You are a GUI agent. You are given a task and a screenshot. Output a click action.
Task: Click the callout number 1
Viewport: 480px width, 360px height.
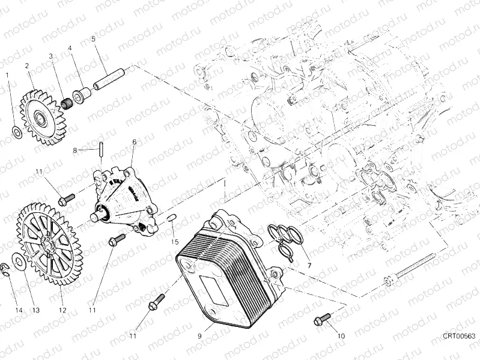[x=8, y=75]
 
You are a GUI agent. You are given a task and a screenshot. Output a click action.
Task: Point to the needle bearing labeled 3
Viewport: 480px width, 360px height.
[x=68, y=103]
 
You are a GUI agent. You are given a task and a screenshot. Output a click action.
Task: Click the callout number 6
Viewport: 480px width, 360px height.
[x=134, y=142]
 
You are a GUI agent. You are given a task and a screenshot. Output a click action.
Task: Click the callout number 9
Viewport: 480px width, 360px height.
[x=199, y=336]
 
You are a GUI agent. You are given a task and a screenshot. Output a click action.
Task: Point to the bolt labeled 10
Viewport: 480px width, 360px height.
[x=322, y=319]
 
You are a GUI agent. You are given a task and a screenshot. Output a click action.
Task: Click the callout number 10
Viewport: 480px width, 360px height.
[x=341, y=336]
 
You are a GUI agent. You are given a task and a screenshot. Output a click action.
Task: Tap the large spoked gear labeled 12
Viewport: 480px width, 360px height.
[x=50, y=243]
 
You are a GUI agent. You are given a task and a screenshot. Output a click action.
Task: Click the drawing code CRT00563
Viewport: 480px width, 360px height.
[x=459, y=336]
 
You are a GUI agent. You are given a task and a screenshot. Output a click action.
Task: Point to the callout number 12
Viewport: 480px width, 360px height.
[x=62, y=310]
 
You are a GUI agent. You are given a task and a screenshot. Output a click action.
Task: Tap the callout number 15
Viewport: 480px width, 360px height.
[x=174, y=242]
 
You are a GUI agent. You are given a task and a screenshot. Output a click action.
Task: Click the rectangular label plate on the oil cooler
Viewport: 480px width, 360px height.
[x=214, y=290]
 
